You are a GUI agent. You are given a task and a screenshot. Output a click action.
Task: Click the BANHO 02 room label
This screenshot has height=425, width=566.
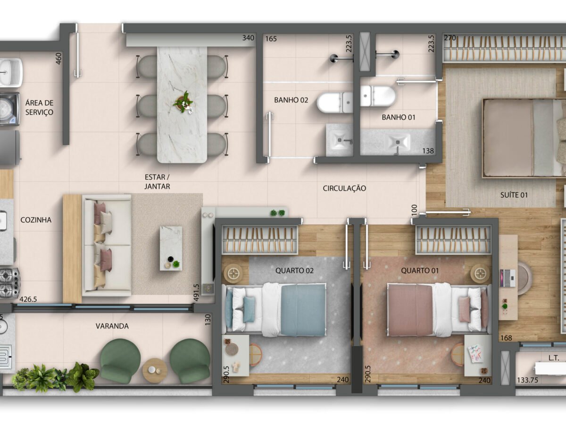(x=291, y=100)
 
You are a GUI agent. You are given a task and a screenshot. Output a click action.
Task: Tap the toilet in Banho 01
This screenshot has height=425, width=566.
(x=378, y=96)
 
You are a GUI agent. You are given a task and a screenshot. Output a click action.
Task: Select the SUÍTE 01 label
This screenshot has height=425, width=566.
(x=514, y=195)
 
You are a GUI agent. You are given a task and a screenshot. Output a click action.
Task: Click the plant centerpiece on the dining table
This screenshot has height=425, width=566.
(x=183, y=102)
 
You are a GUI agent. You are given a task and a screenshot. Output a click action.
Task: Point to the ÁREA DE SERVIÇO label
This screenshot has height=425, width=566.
(x=39, y=107)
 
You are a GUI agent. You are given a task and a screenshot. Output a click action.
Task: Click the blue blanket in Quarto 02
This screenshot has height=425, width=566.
(x=303, y=310)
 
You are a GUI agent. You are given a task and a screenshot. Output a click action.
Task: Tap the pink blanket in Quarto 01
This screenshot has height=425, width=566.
(x=410, y=310)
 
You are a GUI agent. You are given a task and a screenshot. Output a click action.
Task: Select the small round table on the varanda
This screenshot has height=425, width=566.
(x=155, y=371)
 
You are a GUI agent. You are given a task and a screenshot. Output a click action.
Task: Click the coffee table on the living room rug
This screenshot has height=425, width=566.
(x=171, y=248)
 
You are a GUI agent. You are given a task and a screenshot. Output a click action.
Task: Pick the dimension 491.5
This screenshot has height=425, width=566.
(x=196, y=293)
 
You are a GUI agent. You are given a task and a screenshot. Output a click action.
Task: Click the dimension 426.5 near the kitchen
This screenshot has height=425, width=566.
(x=28, y=299)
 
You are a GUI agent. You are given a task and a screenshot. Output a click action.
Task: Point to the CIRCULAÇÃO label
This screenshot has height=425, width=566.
(x=344, y=188)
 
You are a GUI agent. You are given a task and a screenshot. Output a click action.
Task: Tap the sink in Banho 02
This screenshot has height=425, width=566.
(x=339, y=140)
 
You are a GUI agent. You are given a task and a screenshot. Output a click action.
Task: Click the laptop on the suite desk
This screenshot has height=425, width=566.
(x=508, y=278)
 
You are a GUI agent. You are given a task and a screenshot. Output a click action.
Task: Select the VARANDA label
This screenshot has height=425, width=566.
(x=112, y=326)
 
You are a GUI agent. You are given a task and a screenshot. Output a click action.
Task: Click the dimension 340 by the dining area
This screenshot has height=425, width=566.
(x=248, y=38)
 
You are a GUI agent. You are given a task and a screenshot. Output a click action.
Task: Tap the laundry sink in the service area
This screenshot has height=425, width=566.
(x=11, y=73)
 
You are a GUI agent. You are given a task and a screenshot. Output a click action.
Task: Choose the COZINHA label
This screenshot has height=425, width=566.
(x=36, y=220)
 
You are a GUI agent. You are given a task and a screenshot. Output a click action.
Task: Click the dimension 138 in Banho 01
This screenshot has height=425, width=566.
(x=428, y=151)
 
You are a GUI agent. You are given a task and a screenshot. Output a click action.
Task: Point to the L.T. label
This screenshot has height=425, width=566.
(x=554, y=358)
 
